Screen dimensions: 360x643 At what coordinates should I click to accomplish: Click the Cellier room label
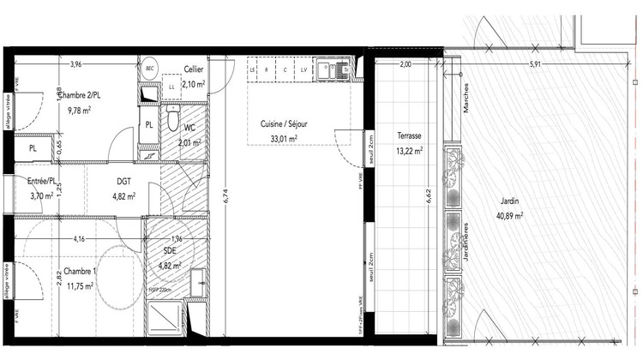pos(194,70)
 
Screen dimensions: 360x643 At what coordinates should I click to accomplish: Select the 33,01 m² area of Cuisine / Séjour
pos(284,138)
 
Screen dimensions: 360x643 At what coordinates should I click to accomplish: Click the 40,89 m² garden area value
pos(509,216)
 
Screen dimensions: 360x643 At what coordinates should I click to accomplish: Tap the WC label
pos(188,129)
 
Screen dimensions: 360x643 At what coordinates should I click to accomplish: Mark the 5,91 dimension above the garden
pos(536,64)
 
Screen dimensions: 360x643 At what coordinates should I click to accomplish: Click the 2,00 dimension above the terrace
pos(406,64)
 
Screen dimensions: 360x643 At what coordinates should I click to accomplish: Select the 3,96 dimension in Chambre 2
pos(75,64)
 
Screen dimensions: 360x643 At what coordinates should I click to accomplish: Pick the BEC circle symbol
pos(149,68)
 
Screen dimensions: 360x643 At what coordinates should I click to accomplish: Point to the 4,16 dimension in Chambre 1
pos(79,238)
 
